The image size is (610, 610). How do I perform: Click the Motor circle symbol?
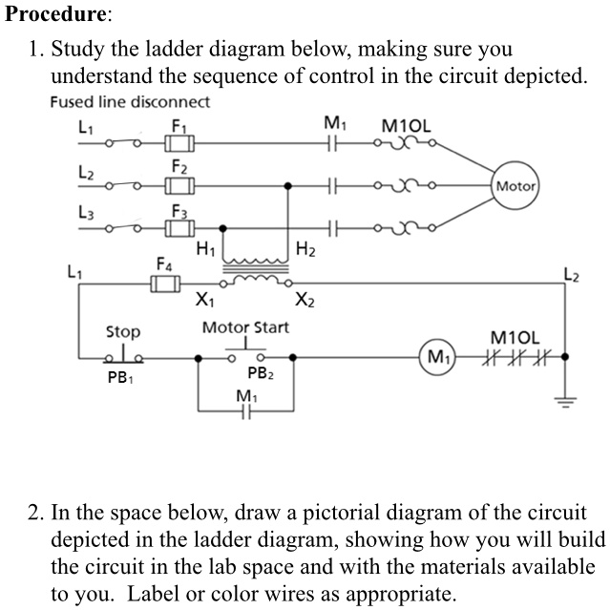[x=515, y=187]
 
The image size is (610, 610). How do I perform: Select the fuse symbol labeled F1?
[x=178, y=144]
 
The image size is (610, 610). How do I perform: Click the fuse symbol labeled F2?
[x=178, y=185]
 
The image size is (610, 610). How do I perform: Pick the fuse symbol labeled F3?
[x=178, y=228]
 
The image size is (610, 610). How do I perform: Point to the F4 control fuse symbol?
[x=165, y=284]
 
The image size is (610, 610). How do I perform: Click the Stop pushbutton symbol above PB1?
[x=123, y=356]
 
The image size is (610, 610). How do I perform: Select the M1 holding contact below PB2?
[x=245, y=412]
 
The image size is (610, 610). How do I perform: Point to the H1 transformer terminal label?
[x=204, y=250]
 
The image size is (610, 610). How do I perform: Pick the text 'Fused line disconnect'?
[x=130, y=102]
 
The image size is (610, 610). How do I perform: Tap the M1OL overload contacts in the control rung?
[x=516, y=360]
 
